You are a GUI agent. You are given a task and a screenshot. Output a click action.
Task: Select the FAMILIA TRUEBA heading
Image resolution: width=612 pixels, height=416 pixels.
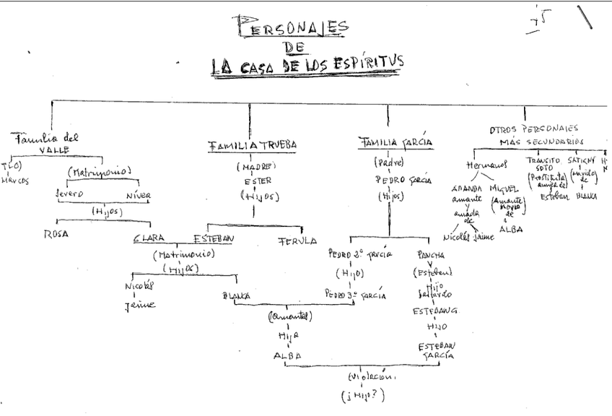[x=253, y=145]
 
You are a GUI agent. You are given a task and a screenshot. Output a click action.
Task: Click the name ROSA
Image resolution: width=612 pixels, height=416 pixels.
[x=57, y=233]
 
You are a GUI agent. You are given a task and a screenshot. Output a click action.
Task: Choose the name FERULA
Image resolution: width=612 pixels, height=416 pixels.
[x=297, y=240]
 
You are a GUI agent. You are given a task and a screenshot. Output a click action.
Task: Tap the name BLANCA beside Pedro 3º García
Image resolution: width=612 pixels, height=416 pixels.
[x=236, y=295]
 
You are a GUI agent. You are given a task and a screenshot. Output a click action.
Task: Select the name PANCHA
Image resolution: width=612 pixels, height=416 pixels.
[x=431, y=256]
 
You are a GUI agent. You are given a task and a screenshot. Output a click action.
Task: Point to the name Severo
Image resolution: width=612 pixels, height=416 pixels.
[x=70, y=194]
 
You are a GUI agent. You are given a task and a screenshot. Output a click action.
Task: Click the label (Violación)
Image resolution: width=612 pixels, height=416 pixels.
[x=372, y=377]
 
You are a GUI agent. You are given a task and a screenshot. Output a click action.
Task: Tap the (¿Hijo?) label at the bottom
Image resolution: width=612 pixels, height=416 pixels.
[x=363, y=394]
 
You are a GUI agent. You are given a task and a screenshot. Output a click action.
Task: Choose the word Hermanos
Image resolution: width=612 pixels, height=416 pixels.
[x=484, y=165]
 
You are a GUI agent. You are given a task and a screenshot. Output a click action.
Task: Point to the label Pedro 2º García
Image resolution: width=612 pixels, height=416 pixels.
[x=360, y=254]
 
